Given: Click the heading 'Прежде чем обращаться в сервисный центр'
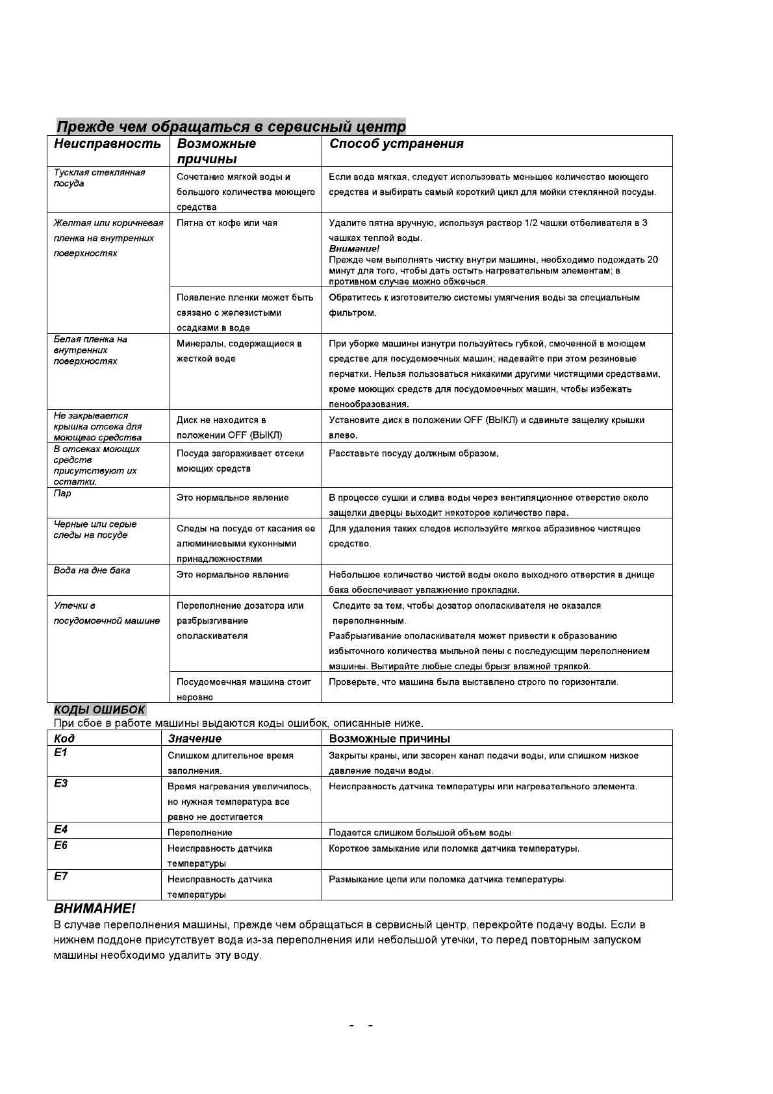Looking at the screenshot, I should coord(231,126).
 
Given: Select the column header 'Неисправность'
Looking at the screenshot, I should coord(107,144).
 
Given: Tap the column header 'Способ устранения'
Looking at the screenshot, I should coord(396,144).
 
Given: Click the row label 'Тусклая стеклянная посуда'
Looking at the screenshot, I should coord(99,178).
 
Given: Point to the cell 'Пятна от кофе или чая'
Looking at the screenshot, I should coord(227,223).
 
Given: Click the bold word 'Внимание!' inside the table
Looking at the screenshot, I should coord(354,249).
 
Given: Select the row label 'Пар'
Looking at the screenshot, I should coord(62,493).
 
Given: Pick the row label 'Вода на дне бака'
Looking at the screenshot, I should coord(92,570).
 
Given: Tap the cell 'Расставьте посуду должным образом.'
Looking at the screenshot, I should coord(413,453).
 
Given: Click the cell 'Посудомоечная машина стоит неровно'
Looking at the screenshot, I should coord(244,689).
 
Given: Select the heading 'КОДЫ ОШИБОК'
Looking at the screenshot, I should coord(99,709).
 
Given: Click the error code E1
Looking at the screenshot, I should coord(60,753).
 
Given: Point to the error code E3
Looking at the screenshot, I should coord(60,783).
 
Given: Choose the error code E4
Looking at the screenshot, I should coord(60,830).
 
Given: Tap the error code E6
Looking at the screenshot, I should coord(60,845).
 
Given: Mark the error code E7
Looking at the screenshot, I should coord(60,876).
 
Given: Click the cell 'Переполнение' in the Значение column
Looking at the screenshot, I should coord(199,832).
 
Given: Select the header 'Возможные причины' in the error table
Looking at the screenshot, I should coord(389,739).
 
